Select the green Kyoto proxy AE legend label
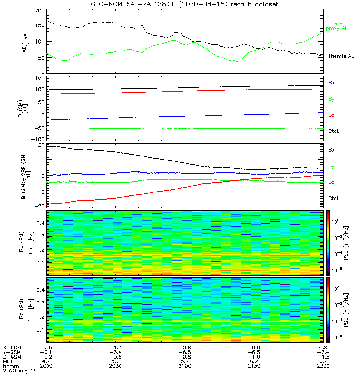338,26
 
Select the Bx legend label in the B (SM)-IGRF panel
331,150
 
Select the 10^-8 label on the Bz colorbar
339,338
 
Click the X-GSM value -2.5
46,347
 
